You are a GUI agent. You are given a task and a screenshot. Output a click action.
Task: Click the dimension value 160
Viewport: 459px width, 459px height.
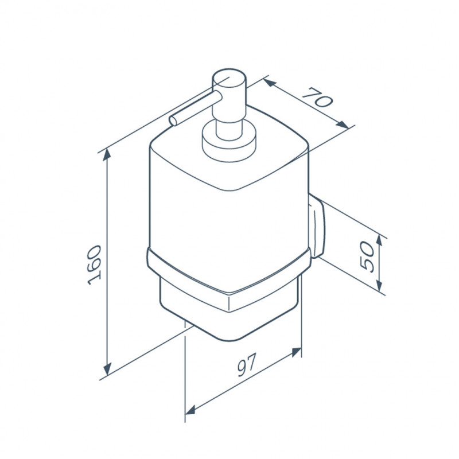(94, 265)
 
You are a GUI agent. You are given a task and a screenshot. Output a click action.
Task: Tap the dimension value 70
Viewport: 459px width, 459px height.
(318, 97)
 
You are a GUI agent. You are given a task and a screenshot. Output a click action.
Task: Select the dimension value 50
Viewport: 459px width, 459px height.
(367, 257)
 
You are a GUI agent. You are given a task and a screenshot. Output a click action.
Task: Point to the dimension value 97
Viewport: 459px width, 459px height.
(247, 365)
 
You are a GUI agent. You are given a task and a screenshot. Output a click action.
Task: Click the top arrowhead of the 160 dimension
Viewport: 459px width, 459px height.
(108, 154)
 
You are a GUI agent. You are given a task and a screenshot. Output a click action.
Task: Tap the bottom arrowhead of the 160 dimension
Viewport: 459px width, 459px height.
(108, 368)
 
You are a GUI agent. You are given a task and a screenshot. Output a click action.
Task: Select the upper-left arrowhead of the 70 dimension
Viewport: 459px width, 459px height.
(269, 83)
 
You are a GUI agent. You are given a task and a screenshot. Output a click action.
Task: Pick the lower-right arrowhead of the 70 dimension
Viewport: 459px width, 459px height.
(343, 125)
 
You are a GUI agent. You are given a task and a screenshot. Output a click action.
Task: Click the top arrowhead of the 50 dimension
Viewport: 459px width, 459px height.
(379, 241)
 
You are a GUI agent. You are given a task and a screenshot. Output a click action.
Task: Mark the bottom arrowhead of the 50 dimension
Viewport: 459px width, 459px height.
(379, 285)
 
